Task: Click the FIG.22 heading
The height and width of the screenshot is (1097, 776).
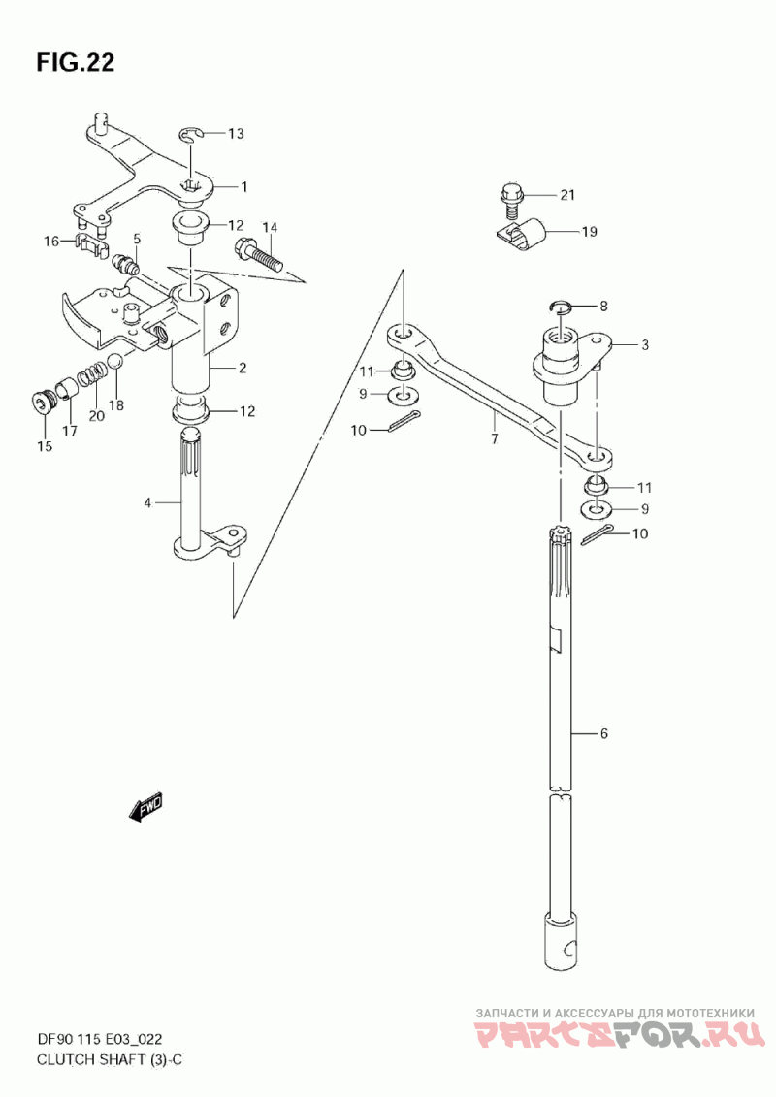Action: point(76,62)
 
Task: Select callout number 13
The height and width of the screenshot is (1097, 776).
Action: point(237,133)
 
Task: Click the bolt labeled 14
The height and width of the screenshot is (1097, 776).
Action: point(260,255)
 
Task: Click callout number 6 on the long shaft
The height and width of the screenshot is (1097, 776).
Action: point(604,733)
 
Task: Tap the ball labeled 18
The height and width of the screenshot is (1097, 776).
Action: point(115,362)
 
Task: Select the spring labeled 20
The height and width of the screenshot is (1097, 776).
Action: point(91,375)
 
